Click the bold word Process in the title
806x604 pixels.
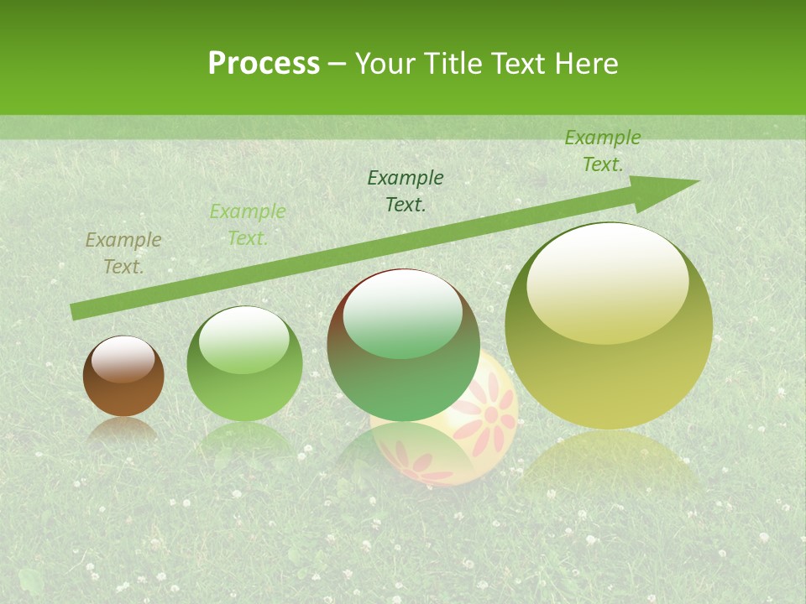point(264,64)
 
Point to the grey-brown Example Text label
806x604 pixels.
point(123,253)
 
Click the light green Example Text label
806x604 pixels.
point(247,225)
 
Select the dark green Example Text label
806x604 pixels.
point(406,190)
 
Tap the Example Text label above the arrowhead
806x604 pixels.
point(602,151)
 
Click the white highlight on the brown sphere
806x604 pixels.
point(123,359)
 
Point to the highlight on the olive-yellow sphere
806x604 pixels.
point(607,284)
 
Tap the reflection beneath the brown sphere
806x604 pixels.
point(123,430)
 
